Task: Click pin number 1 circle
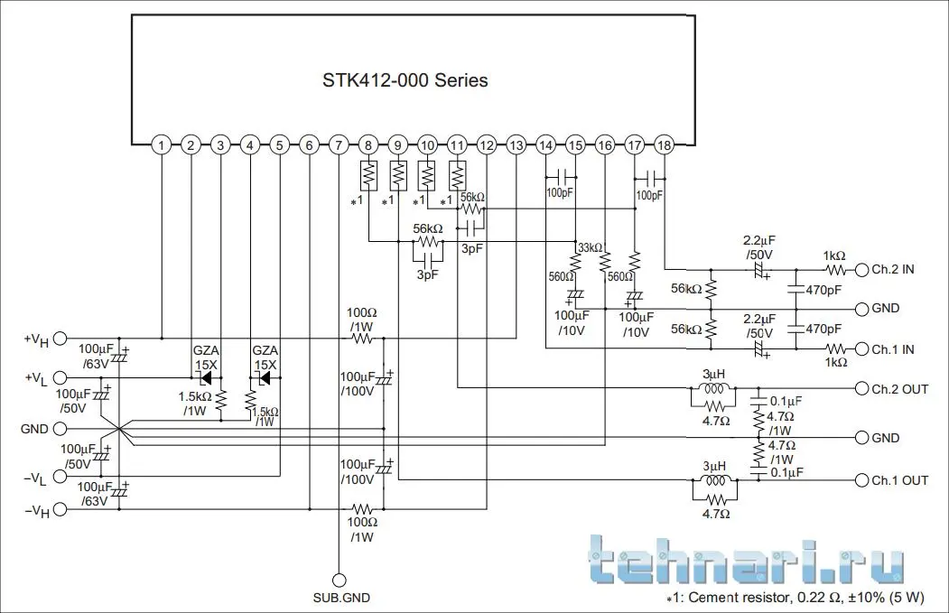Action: pyautogui.click(x=160, y=144)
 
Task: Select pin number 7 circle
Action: pyautogui.click(x=338, y=144)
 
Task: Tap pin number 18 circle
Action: pyautogui.click(x=664, y=144)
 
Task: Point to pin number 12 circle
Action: pyautogui.click(x=486, y=144)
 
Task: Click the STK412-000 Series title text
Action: pyautogui.click(x=405, y=80)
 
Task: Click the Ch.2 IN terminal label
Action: pyautogui.click(x=893, y=269)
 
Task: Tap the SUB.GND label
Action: pyautogui.click(x=340, y=598)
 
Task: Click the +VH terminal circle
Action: pyautogui.click(x=60, y=339)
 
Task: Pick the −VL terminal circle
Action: pyautogui.click(x=60, y=477)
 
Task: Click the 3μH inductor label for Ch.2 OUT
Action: pyautogui.click(x=715, y=374)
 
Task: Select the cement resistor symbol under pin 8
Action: pyautogui.click(x=368, y=172)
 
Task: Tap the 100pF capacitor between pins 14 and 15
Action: pyautogui.click(x=560, y=175)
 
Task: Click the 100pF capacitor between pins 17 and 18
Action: pyautogui.click(x=648, y=175)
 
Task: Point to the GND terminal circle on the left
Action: pyautogui.click(x=60, y=429)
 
